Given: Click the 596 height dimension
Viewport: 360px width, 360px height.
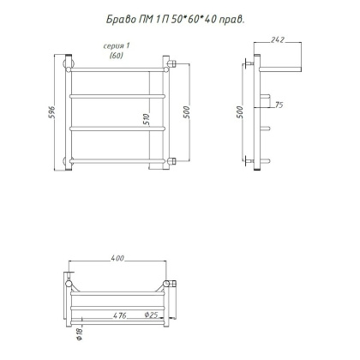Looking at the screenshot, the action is pyautogui.click(x=51, y=112).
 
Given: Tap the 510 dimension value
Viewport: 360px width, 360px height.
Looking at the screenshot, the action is pyautogui.click(x=147, y=119).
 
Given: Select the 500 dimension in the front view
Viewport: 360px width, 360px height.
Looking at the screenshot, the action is pyautogui.click(x=186, y=112).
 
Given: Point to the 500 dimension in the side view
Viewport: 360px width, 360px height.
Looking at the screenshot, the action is pyautogui.click(x=240, y=112).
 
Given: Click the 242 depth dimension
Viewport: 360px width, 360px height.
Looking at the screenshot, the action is pyautogui.click(x=278, y=39).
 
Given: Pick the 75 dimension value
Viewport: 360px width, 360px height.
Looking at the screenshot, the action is pyautogui.click(x=279, y=105).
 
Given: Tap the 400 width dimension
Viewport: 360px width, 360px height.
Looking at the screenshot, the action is pyautogui.click(x=117, y=258).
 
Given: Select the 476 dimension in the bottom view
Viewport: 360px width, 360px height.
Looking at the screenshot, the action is pyautogui.click(x=120, y=315).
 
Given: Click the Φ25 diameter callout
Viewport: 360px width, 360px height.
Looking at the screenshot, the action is pyautogui.click(x=151, y=315).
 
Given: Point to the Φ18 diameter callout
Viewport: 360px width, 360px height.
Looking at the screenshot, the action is pyautogui.click(x=80, y=333).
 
